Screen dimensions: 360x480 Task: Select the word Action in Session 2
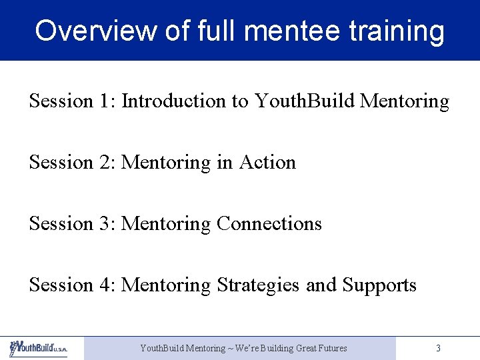(x=267, y=163)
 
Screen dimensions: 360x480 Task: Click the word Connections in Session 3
(x=269, y=224)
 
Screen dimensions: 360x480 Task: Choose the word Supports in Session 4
(x=379, y=285)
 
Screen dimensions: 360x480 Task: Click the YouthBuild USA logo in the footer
(x=38, y=348)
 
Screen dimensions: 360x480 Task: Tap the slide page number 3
(x=438, y=348)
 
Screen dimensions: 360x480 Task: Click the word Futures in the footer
(x=331, y=348)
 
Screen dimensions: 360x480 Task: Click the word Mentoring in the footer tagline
(x=206, y=348)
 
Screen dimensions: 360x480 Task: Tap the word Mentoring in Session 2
(x=166, y=163)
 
